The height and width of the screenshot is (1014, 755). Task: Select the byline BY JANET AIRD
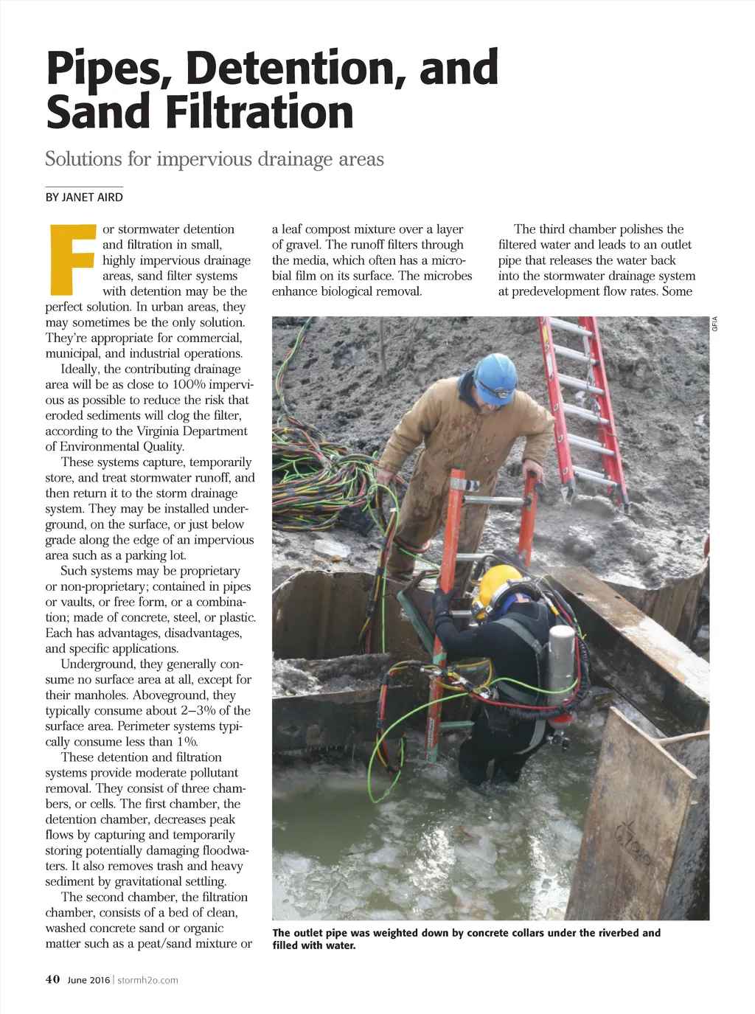coord(84,198)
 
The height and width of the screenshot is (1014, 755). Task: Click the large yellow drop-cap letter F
coord(71,258)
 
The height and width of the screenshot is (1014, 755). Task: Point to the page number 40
coord(52,979)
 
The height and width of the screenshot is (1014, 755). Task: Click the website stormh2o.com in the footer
coord(147,980)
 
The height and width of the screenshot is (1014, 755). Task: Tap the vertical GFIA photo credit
coord(714,323)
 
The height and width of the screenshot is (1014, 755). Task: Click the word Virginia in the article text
coord(164,431)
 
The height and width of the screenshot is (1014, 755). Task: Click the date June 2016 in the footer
coord(88,980)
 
